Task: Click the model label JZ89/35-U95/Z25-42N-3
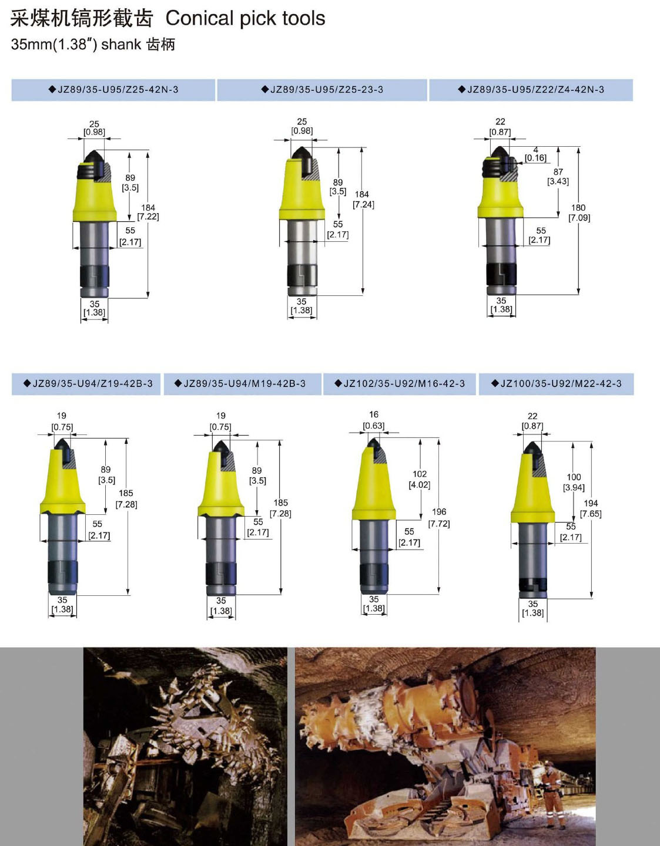113,90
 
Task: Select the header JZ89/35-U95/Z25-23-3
322,90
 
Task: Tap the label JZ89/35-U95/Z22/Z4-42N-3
531,90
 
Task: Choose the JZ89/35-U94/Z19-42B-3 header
88,383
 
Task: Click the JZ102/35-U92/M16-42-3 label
400,383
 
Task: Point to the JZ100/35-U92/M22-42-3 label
557,383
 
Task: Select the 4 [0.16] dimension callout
535,154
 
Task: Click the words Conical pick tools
246,18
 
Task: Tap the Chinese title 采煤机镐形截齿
82,18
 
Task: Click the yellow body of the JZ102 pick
373,488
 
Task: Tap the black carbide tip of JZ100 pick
531,448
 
